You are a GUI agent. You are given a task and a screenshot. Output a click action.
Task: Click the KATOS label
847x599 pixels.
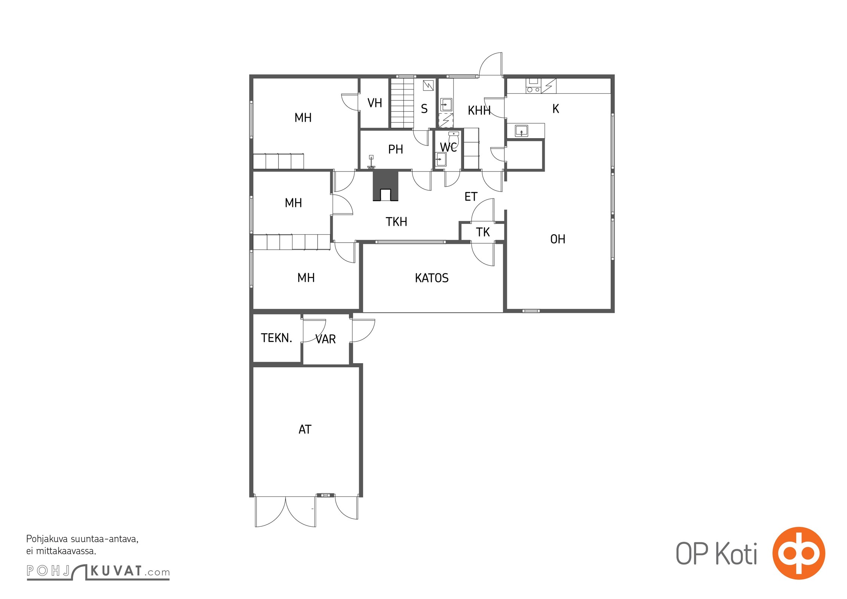point(431,278)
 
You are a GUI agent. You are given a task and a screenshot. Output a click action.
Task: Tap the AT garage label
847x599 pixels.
point(305,429)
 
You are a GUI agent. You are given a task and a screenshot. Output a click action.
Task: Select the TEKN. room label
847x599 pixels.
point(276,338)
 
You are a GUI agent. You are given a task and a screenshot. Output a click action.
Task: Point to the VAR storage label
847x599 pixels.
point(325,339)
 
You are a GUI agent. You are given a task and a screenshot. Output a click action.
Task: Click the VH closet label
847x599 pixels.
point(374,103)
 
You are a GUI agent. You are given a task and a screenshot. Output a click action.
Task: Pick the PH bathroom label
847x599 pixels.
point(395,149)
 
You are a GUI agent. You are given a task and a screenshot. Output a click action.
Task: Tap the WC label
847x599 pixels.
point(448,147)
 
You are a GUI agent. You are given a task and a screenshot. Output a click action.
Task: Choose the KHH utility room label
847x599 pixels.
point(479,110)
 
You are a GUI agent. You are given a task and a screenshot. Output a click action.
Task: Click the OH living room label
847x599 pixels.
point(558,239)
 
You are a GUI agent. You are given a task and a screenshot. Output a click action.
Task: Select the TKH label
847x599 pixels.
point(396,222)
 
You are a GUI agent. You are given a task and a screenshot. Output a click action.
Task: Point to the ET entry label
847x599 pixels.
point(471,197)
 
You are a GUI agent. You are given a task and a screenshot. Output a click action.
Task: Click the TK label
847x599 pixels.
point(483,232)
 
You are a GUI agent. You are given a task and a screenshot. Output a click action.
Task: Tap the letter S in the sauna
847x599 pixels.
point(424,109)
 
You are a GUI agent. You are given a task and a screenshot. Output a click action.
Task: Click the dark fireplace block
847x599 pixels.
point(385,186)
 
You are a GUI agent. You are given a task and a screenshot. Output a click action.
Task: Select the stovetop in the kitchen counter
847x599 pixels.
point(534,86)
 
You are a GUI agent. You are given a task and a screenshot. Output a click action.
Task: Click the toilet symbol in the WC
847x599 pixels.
point(453,139)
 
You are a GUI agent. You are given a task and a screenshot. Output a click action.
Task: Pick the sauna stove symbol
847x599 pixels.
point(428,85)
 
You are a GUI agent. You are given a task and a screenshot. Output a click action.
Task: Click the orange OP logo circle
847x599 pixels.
point(799,553)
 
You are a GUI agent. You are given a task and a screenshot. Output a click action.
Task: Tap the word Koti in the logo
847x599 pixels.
point(736,553)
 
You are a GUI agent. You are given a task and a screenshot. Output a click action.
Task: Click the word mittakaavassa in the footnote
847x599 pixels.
point(66,551)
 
